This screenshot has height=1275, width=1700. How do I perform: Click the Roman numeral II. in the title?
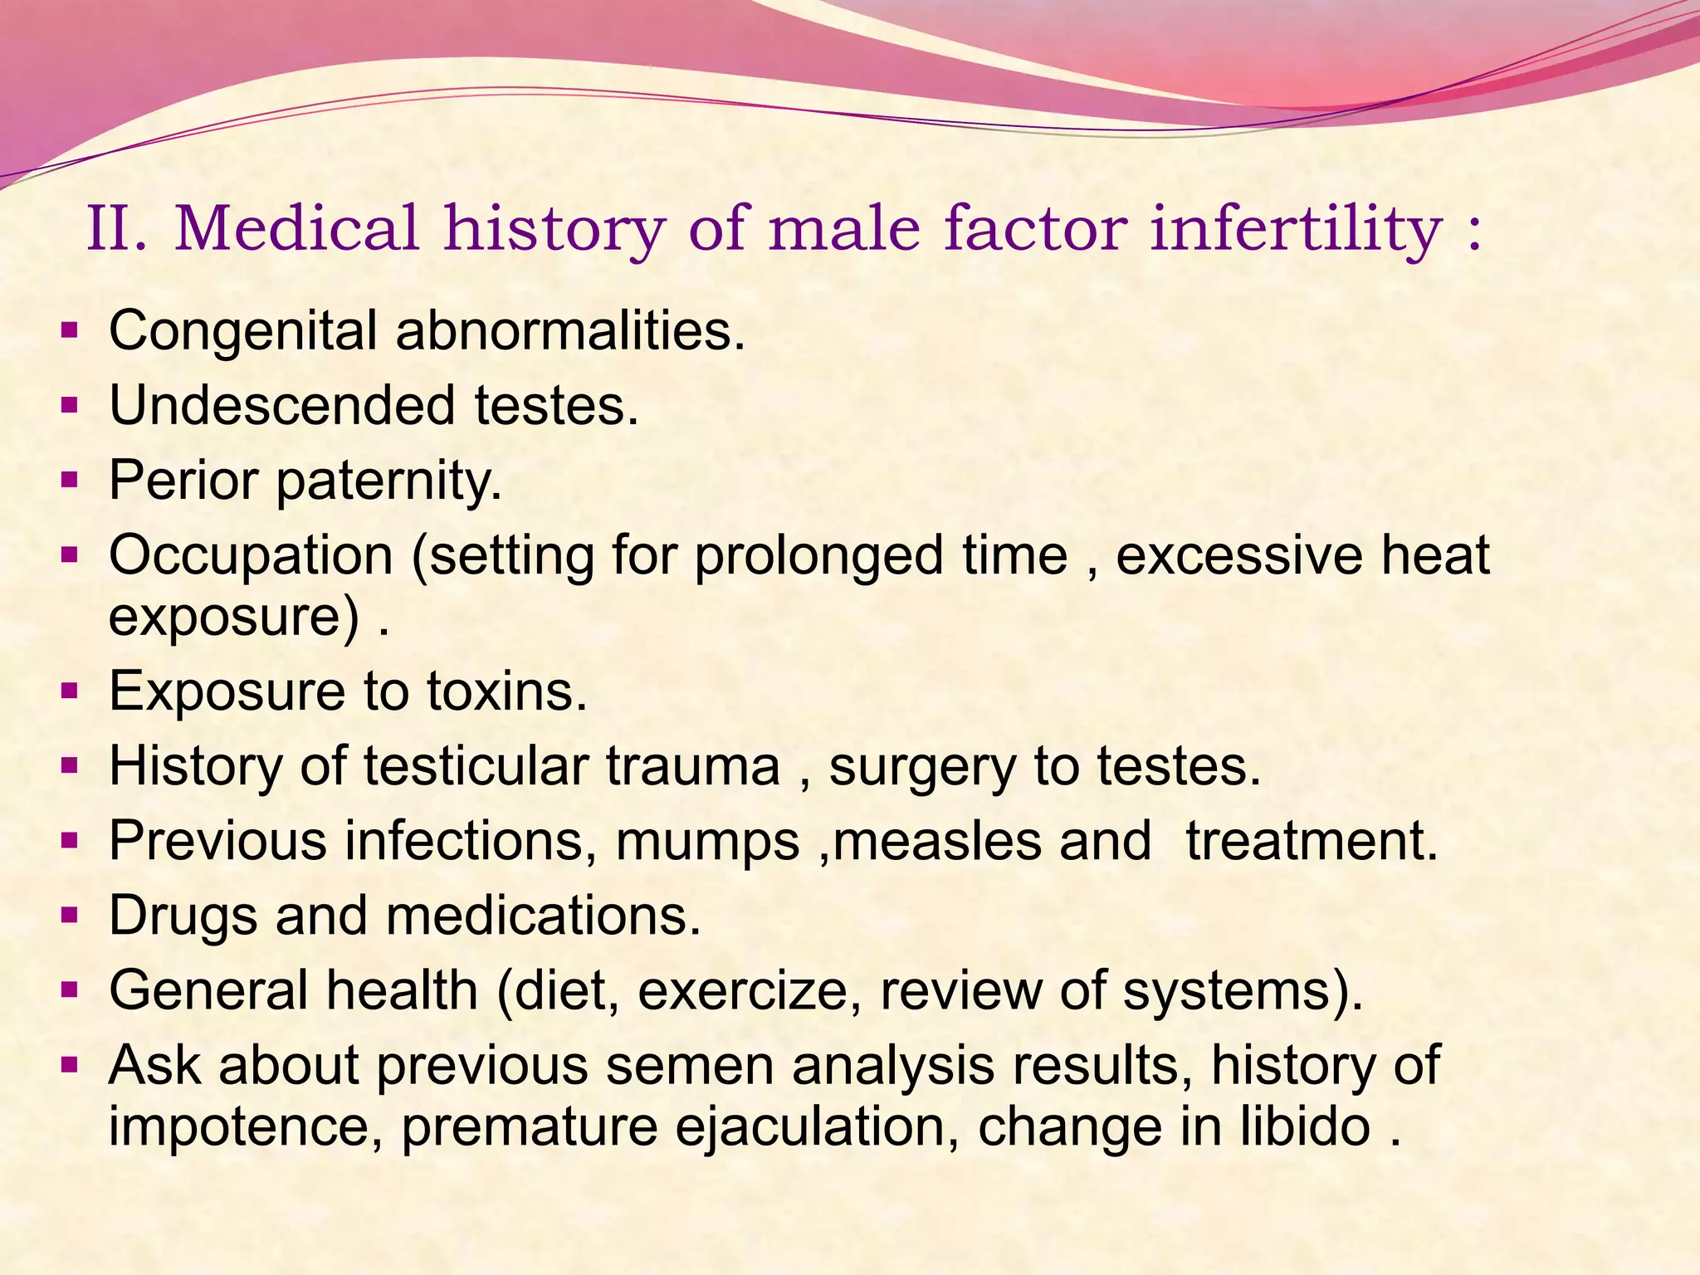[x=116, y=229]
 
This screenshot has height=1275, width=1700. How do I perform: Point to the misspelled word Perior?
[x=183, y=481]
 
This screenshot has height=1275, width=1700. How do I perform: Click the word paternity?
[x=389, y=482]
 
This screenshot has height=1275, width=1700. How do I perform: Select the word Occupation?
[x=251, y=556]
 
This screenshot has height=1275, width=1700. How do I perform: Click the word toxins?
[x=506, y=691]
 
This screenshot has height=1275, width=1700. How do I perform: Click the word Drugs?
[x=183, y=916]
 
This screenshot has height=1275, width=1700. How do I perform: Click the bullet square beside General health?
[x=70, y=990]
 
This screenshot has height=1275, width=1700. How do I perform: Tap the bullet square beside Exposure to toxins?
[x=70, y=691]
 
